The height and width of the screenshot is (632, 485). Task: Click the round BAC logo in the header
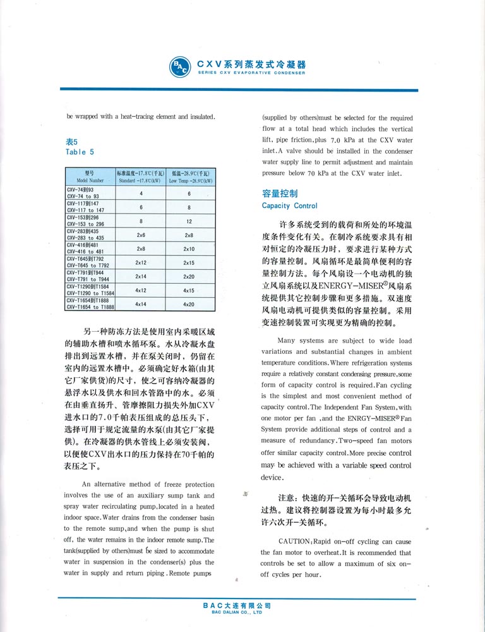(x=179, y=67)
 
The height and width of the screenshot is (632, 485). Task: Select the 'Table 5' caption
(x=80, y=152)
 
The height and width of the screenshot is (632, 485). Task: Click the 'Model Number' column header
(x=89, y=181)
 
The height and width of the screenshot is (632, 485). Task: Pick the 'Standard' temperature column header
(x=140, y=181)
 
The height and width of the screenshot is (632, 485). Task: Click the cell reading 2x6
(x=141, y=235)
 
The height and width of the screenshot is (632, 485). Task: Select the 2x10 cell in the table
(x=189, y=249)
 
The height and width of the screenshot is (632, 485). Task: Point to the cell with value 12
(x=189, y=221)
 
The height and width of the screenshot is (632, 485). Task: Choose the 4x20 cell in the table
(x=189, y=304)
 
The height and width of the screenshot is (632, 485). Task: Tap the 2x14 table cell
(x=141, y=276)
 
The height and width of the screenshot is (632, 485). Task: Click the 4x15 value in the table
(x=189, y=290)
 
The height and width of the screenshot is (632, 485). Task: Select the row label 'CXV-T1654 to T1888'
(x=90, y=307)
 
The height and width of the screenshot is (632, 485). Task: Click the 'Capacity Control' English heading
(x=289, y=206)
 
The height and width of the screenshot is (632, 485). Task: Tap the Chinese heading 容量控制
(x=279, y=193)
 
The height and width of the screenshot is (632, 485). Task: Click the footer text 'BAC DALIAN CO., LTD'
(x=237, y=612)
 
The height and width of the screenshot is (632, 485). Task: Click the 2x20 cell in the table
(x=189, y=276)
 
